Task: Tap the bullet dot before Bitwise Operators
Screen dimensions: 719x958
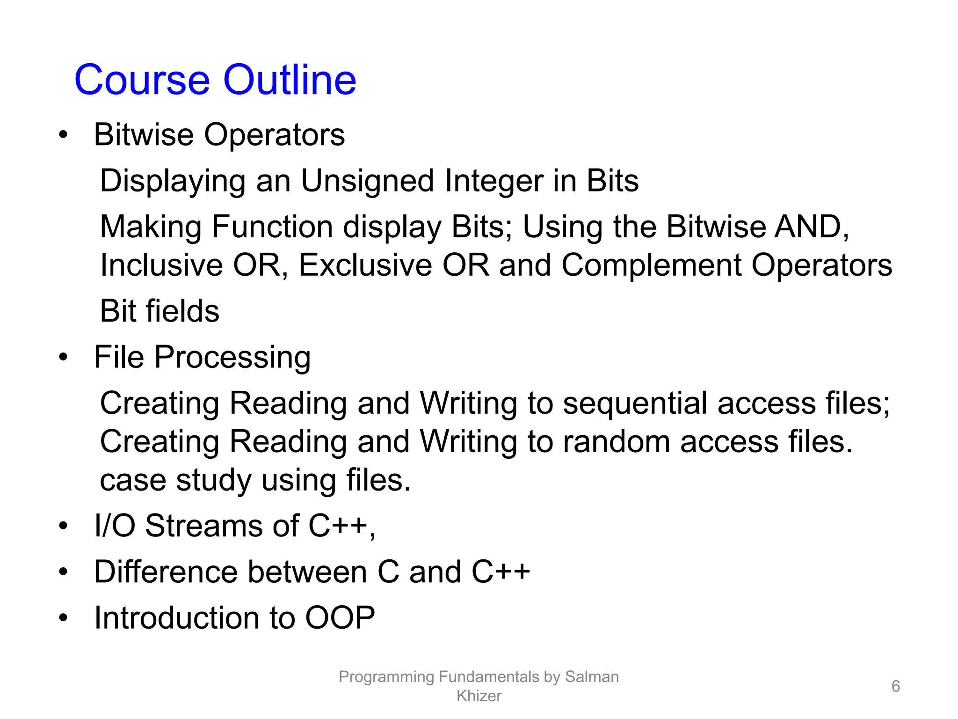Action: [63, 135]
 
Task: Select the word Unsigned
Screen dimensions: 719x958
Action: [367, 181]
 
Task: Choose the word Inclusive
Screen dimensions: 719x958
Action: [161, 265]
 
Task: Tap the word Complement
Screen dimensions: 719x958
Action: [651, 265]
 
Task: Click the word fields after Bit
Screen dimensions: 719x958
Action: [182, 311]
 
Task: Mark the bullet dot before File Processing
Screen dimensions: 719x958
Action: [63, 358]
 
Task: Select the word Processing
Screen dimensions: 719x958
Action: [232, 358]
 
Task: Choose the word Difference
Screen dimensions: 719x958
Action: [166, 572]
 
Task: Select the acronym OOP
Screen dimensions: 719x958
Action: [340, 617]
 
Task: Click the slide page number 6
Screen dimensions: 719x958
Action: [895, 686]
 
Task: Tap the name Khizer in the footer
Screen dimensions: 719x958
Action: [479, 696]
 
